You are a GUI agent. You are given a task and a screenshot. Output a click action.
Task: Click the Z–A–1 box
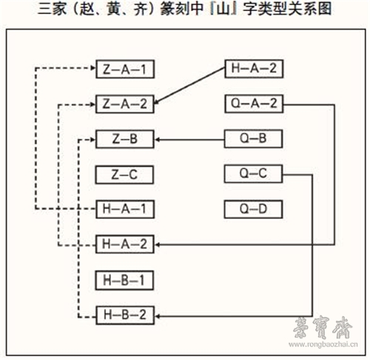pyautogui.click(x=125, y=69)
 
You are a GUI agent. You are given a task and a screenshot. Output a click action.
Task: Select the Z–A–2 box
pyautogui.click(x=125, y=104)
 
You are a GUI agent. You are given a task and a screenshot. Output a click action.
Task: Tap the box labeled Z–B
pyautogui.click(x=125, y=139)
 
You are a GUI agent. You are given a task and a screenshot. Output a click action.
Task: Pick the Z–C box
pyautogui.click(x=124, y=174)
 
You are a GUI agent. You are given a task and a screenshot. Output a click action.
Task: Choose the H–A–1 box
pyautogui.click(x=125, y=209)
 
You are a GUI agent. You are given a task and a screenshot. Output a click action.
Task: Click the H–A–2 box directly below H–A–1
pyautogui.click(x=125, y=244)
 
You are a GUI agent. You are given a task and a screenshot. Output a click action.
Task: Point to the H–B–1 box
pyautogui.click(x=124, y=280)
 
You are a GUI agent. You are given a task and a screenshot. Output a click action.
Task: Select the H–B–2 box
pyautogui.click(x=125, y=315)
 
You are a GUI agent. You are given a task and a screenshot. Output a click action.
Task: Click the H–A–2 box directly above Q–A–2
pyautogui.click(x=254, y=69)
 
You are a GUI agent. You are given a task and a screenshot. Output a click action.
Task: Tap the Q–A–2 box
pyautogui.click(x=254, y=103)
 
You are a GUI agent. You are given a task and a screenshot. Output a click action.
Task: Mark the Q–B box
pyautogui.click(x=253, y=139)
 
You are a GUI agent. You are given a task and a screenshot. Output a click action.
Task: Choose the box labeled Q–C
pyautogui.click(x=253, y=174)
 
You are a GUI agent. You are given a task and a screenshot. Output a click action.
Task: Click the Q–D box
pyautogui.click(x=253, y=209)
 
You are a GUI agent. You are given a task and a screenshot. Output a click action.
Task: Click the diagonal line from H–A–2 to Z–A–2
pyautogui.click(x=190, y=86)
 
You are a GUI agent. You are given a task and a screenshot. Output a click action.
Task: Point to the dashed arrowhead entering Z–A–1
pyautogui.click(x=93, y=68)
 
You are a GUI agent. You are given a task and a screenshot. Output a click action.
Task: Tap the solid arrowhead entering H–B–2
pyautogui.click(x=157, y=316)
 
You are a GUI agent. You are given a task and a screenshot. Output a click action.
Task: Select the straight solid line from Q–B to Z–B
pyautogui.click(x=189, y=140)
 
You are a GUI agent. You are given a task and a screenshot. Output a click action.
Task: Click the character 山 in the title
pyautogui.click(x=223, y=10)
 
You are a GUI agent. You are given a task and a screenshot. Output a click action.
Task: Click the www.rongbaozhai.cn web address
pyautogui.click(x=323, y=344)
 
